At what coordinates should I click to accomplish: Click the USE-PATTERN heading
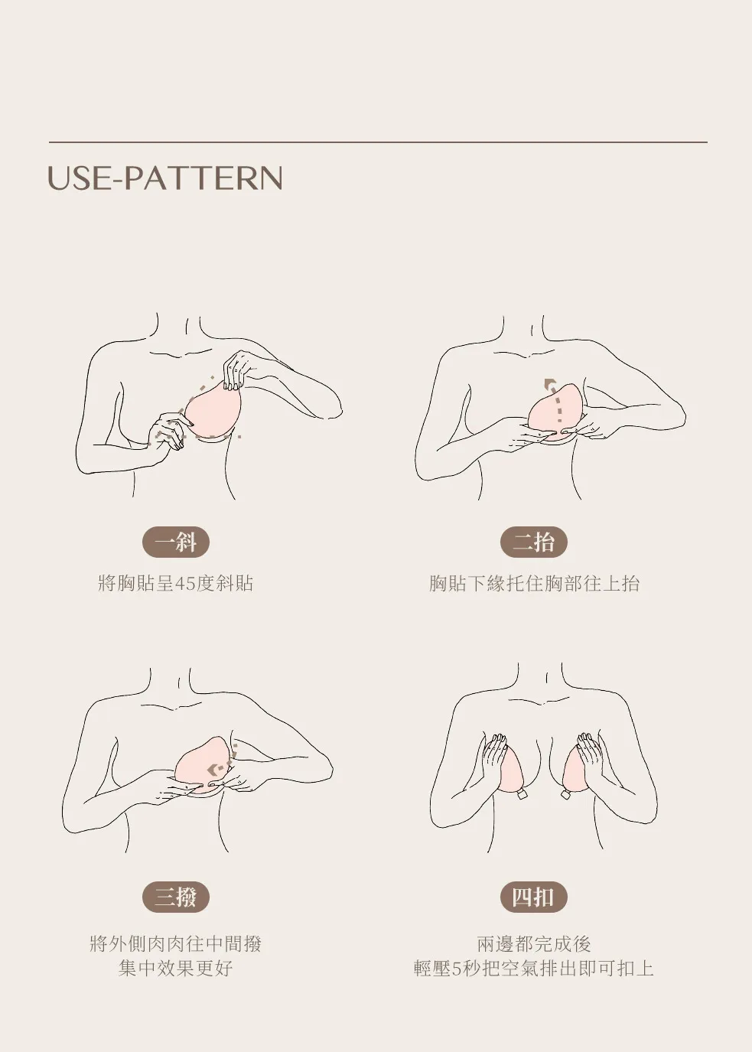[165, 178]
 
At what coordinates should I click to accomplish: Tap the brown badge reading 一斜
[176, 542]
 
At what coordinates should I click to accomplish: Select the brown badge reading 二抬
[533, 542]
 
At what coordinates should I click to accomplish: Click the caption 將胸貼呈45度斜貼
[176, 583]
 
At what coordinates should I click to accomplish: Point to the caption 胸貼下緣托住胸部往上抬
[534, 583]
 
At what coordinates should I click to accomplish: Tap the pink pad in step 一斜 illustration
[213, 413]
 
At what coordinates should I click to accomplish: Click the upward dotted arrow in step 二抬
[555, 399]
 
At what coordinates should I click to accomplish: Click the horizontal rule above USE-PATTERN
[378, 142]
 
